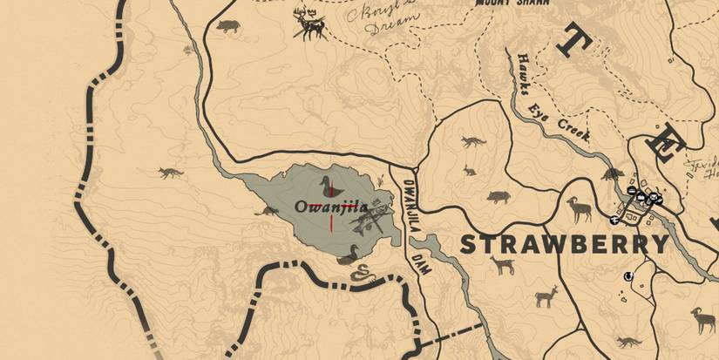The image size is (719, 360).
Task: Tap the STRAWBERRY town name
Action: tap(564, 244)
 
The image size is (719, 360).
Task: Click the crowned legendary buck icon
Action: tap(309, 24)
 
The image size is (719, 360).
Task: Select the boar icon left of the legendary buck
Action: tap(228, 26)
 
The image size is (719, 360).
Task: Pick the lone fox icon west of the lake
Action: tap(171, 172)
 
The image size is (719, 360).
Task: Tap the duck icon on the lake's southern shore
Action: tap(351, 254)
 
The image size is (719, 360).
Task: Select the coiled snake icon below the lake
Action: tap(359, 274)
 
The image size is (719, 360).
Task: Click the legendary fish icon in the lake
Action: tap(370, 218)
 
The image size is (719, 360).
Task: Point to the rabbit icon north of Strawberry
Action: tap(470, 170)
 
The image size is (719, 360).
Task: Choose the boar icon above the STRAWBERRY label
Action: tap(497, 197)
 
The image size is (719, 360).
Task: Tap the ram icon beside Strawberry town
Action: tap(579, 208)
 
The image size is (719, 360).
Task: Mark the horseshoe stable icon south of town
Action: tap(627, 277)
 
